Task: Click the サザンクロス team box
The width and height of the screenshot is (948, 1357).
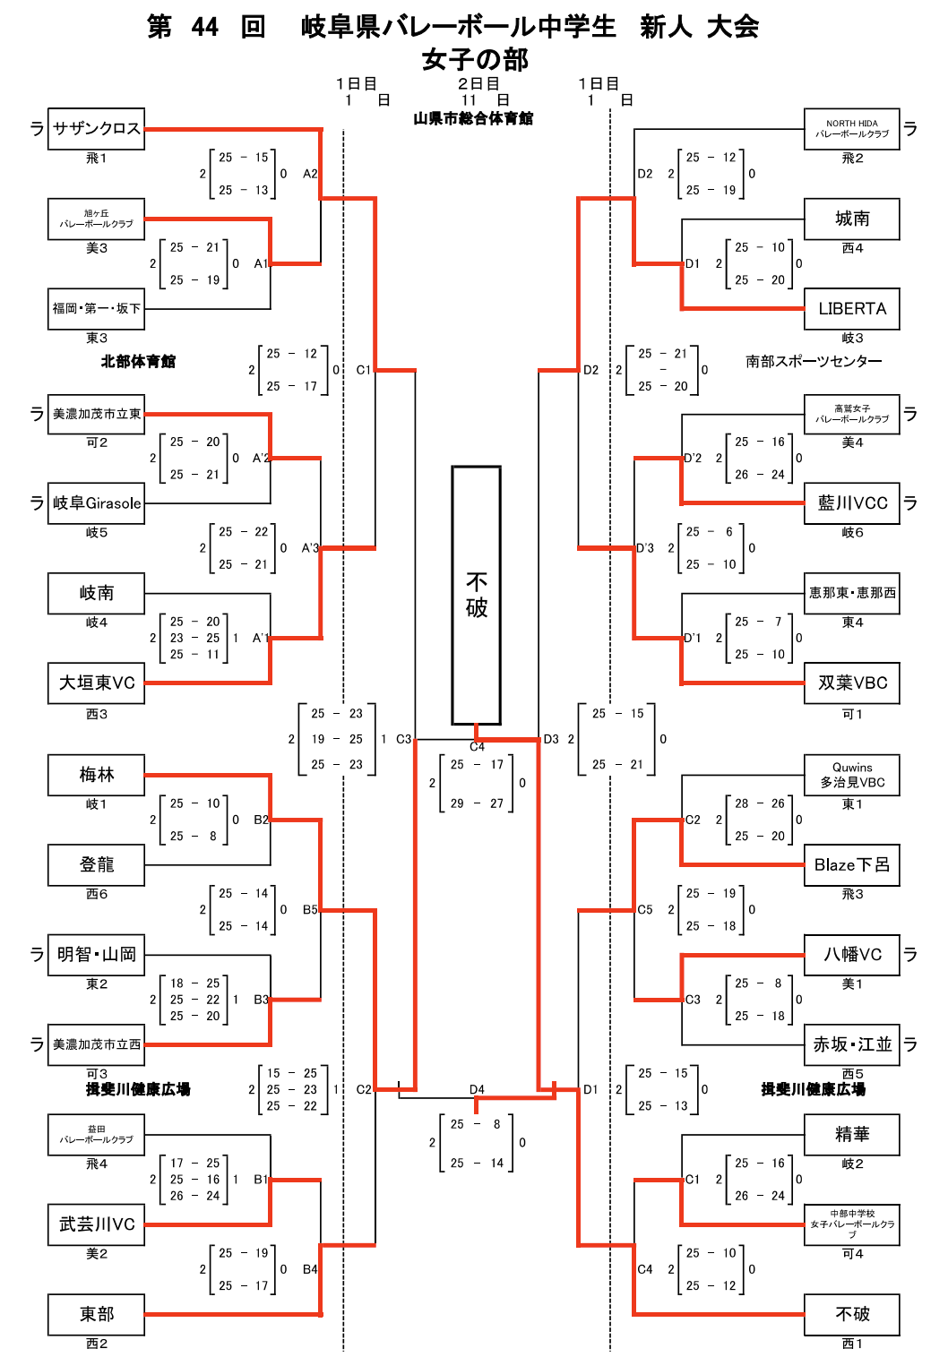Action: pos(96,129)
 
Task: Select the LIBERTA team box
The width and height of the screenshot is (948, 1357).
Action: pos(851,309)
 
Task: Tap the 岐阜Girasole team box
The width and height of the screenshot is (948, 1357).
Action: pos(96,503)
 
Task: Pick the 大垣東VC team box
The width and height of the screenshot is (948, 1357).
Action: pos(96,683)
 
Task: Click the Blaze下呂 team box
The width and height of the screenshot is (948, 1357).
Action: pos(851,865)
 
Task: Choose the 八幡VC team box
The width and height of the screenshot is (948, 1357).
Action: pos(851,955)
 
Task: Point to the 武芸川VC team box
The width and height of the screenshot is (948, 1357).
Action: pos(96,1224)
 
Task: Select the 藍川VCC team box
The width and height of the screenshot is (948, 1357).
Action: pos(851,503)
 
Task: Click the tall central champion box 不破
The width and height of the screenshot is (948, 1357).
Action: pos(476,595)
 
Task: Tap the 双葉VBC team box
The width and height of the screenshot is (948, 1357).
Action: pos(851,683)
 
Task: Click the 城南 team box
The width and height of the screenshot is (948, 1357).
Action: pos(851,219)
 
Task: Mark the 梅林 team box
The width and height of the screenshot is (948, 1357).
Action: pos(96,775)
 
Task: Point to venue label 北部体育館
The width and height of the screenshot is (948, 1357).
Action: pos(138,362)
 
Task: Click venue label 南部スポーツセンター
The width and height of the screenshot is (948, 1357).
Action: pos(814,362)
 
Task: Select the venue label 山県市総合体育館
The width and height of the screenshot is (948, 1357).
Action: pos(473,118)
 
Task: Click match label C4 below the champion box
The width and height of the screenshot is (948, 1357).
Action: pos(477,746)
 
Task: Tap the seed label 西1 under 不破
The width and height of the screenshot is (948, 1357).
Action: pos(852,1344)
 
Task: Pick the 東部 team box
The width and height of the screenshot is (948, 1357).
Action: pos(96,1314)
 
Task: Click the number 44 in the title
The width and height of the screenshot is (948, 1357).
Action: pos(205,27)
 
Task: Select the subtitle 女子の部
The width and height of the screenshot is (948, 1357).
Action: pos(475,60)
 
